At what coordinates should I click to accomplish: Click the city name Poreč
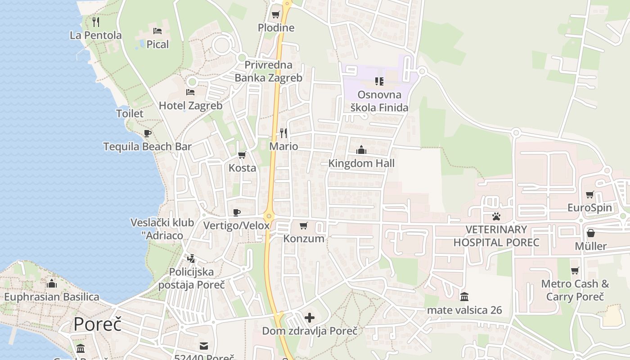[x=98, y=324]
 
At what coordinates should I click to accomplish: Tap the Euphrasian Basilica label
[x=52, y=297]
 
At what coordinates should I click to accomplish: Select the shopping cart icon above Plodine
[x=276, y=14]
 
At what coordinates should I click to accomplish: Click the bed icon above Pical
[x=157, y=31]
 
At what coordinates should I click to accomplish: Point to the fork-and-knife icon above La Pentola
[x=96, y=21]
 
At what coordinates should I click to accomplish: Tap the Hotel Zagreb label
[x=191, y=106]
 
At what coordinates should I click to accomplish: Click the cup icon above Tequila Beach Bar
[x=147, y=133]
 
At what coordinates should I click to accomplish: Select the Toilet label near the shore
[x=130, y=113]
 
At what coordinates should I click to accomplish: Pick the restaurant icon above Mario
[x=283, y=133]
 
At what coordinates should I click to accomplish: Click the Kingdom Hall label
[x=361, y=163]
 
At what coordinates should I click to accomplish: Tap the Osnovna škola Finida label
[x=379, y=101]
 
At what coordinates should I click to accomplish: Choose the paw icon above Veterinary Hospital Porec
[x=496, y=216]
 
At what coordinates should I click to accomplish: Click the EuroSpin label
[x=589, y=208]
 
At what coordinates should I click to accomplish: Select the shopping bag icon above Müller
[x=591, y=233]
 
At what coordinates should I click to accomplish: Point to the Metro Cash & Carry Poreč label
[x=575, y=290]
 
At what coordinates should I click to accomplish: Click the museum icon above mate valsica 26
[x=464, y=297]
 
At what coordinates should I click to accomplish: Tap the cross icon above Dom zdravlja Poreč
[x=310, y=318]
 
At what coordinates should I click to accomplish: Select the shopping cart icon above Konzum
[x=304, y=225]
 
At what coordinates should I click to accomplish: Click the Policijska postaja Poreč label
[x=191, y=279]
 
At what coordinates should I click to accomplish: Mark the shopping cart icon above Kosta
[x=242, y=155]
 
